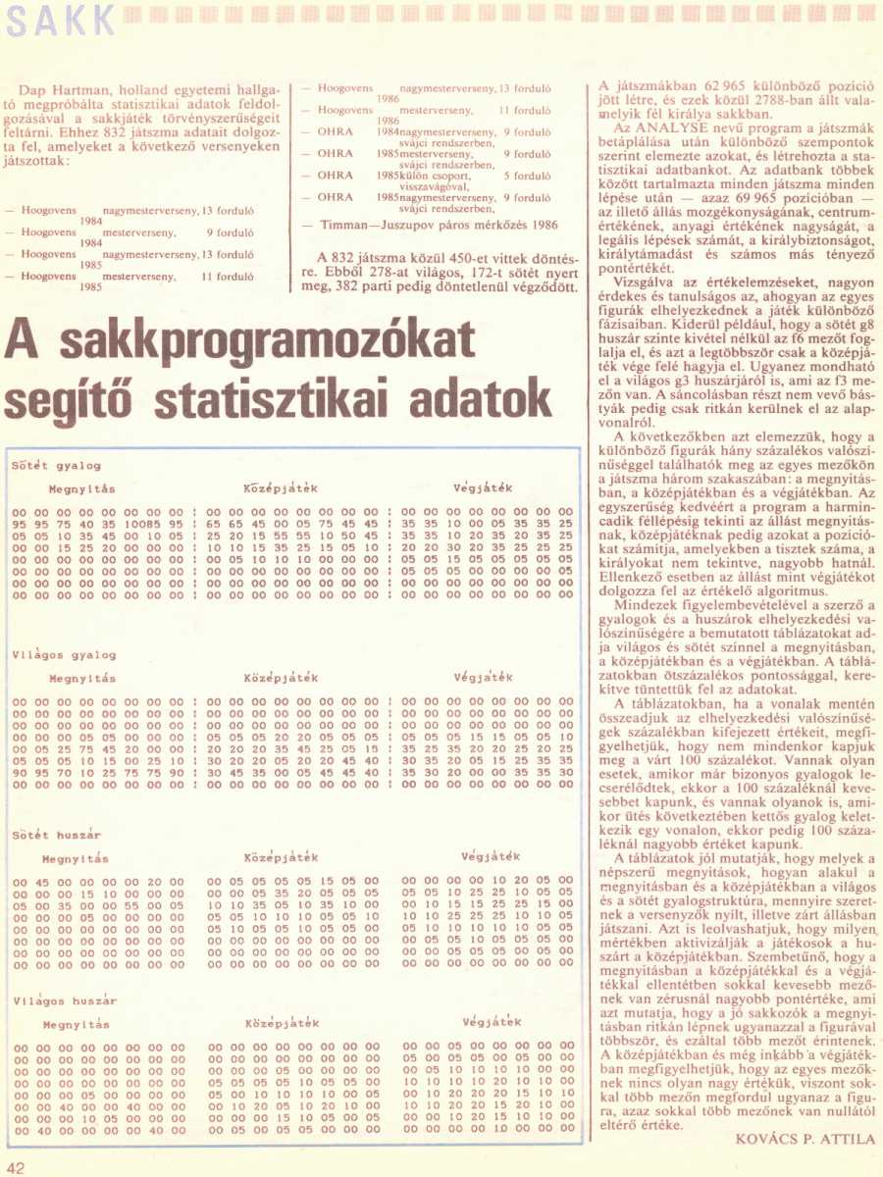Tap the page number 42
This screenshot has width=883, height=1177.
(x=17, y=1166)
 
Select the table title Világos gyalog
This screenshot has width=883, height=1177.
(x=64, y=654)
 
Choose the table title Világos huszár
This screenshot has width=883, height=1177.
(x=65, y=1000)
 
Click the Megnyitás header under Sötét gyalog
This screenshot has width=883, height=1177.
(x=82, y=488)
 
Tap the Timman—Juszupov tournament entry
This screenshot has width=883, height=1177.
(x=439, y=225)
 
